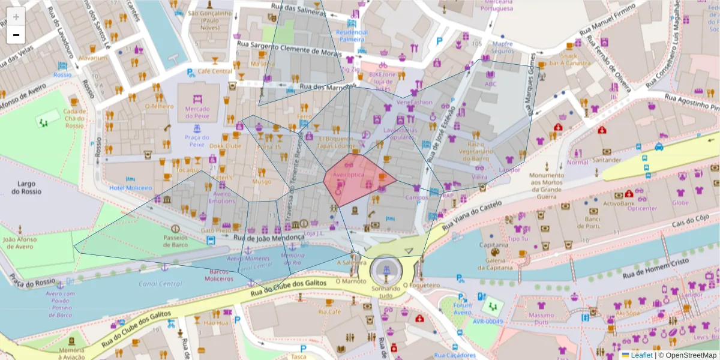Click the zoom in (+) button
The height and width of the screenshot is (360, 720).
(x=16, y=16)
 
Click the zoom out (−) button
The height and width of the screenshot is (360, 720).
(x=16, y=35)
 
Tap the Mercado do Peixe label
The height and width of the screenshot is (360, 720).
(x=197, y=112)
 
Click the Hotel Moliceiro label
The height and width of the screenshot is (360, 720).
(x=130, y=188)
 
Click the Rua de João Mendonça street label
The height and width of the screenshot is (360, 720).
(x=269, y=238)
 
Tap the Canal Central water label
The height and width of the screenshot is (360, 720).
(x=160, y=284)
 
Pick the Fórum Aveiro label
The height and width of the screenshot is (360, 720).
(x=462, y=308)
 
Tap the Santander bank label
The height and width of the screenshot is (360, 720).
(x=606, y=160)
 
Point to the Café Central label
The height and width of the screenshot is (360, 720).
(x=214, y=71)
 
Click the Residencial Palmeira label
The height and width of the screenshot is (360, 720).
(x=351, y=35)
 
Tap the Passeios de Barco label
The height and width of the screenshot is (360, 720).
(x=175, y=241)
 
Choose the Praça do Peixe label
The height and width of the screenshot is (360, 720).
(x=197, y=141)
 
